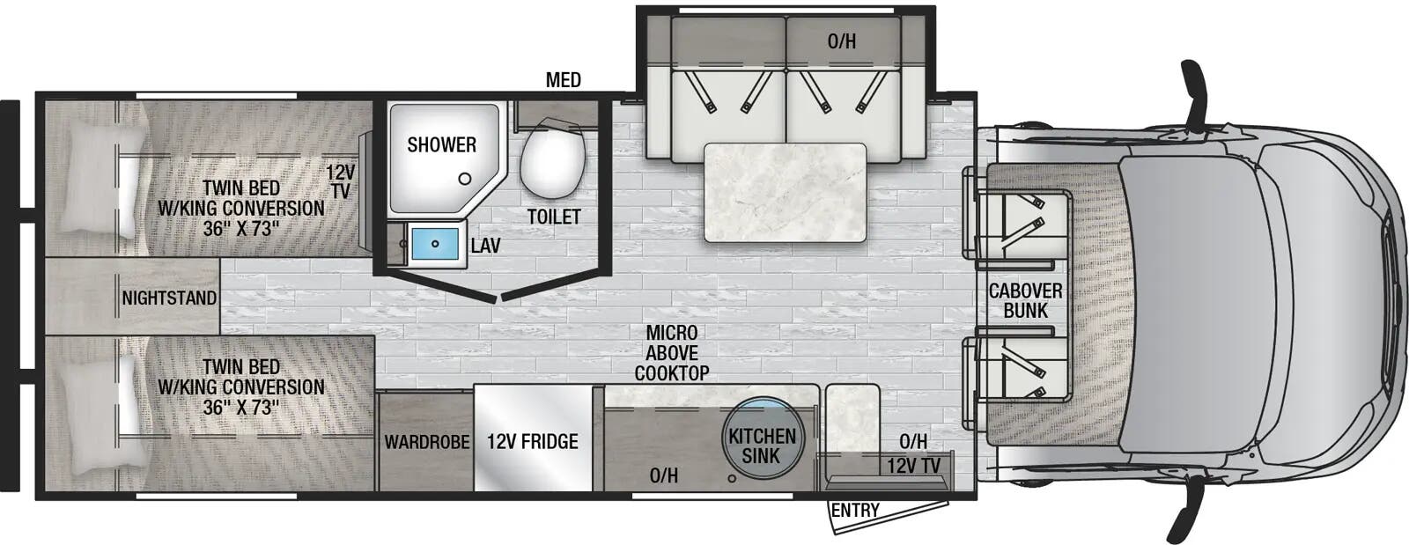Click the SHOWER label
point(441,144)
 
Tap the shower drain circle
point(464,179)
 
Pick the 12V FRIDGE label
point(533,441)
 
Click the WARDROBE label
point(426,441)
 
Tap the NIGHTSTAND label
point(169,298)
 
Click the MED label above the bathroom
point(563,80)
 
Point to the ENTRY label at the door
point(855,511)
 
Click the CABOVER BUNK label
point(1025,300)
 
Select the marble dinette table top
point(785,192)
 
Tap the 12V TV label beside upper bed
point(340,181)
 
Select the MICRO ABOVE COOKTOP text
point(672,352)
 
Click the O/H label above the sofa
point(842,41)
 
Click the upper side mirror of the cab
point(1197,92)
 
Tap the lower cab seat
point(1018,367)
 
